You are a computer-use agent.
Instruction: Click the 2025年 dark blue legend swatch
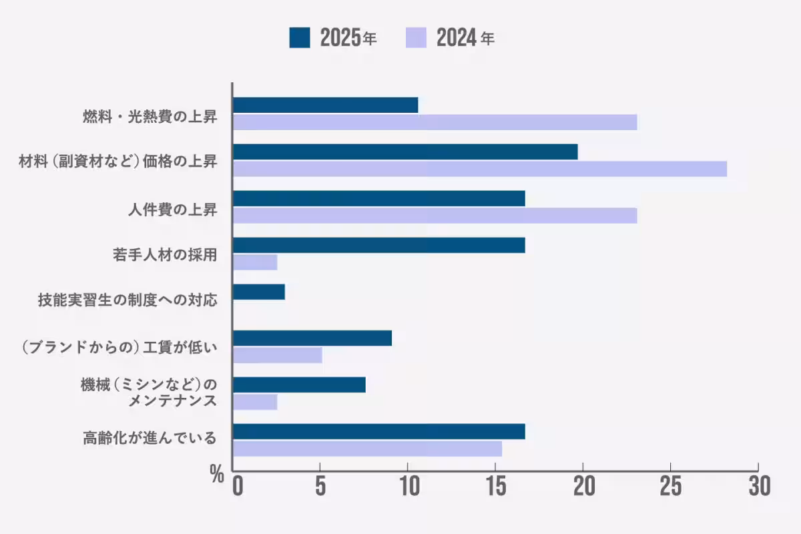tap(300, 38)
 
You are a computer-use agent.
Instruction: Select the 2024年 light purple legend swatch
tap(416, 38)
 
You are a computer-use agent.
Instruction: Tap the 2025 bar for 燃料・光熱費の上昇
tap(325, 105)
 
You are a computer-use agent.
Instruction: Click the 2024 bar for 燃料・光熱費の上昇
tap(435, 122)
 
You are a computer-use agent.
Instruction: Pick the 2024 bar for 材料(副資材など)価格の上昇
tap(479, 169)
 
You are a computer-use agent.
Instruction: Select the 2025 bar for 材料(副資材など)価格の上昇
tap(405, 152)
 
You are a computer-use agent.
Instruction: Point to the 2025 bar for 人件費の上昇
tap(378, 198)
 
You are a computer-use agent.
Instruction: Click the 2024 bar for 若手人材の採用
tap(255, 262)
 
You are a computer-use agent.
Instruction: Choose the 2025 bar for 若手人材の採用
tap(378, 245)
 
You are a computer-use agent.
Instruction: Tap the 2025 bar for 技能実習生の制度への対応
tap(259, 292)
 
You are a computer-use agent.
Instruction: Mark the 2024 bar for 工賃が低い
tap(278, 355)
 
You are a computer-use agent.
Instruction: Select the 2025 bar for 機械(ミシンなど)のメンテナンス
tap(299, 384)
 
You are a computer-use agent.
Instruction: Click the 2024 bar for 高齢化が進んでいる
tap(367, 449)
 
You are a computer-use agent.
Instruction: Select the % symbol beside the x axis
tap(216, 475)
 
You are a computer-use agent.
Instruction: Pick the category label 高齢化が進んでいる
tap(150, 439)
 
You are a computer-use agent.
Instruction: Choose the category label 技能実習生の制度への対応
tap(127, 299)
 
